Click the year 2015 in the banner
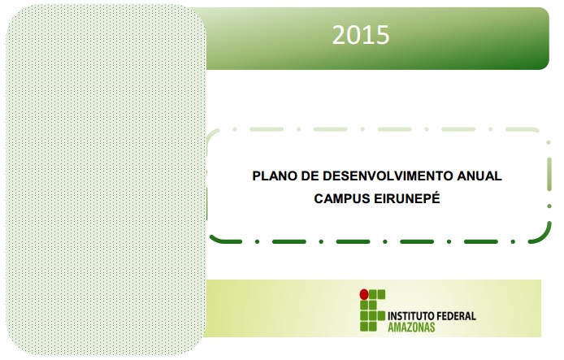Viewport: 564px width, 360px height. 360,35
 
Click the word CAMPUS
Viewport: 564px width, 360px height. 342,198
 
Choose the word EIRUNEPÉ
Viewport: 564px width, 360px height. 407,197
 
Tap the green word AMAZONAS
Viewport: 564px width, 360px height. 411,327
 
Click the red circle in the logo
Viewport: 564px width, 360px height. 364,294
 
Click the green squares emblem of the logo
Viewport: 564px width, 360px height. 372,310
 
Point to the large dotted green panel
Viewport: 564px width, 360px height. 106,179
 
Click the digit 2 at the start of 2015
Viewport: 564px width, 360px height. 339,35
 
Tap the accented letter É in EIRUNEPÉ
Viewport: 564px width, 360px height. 436,197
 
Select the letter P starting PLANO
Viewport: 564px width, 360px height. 257,176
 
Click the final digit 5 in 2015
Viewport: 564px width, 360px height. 383,35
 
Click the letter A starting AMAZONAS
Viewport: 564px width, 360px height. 391,327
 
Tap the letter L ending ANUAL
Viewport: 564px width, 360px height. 498,176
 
